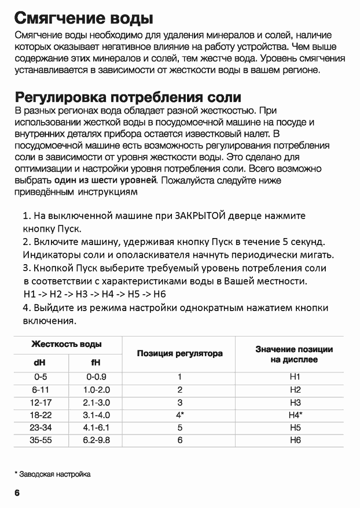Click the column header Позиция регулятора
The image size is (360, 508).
pos(180,353)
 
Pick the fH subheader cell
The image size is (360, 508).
pos(95,363)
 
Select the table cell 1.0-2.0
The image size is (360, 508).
pos(95,390)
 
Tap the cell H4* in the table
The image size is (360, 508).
pos(295,415)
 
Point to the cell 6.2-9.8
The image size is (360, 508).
pos(95,440)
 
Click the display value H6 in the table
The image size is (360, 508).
pos(295,440)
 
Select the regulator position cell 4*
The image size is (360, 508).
pos(180,415)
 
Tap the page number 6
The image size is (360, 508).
pos(17,493)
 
